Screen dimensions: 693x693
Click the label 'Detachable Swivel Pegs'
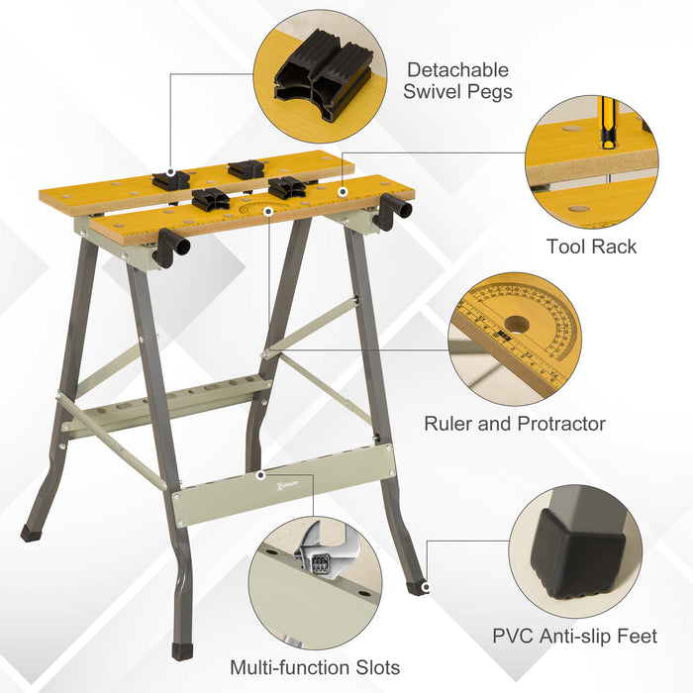point(458,81)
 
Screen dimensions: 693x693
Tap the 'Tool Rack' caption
point(591,247)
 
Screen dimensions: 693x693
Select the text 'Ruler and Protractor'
point(515,424)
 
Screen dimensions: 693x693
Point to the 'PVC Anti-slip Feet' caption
point(574,636)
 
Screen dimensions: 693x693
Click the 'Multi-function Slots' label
point(315,667)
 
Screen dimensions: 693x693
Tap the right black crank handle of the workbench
point(389,211)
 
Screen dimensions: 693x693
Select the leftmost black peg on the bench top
point(170,179)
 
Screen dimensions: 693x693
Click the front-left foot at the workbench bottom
point(181,651)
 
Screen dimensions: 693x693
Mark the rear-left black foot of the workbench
point(31,533)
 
